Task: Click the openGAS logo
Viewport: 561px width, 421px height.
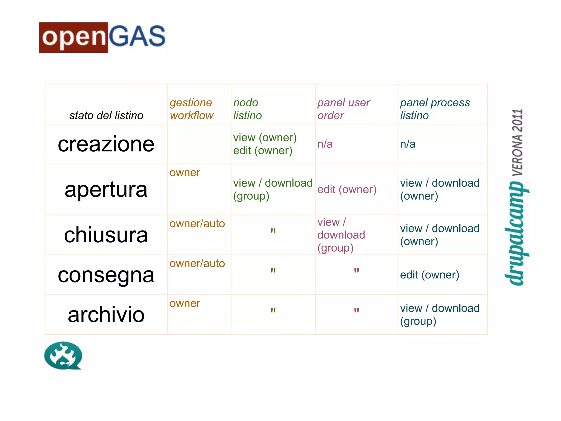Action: [102, 38]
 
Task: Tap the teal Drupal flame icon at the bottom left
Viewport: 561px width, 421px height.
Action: [63, 355]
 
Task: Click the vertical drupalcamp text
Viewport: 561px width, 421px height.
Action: [517, 233]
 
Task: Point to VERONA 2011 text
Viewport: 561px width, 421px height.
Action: [517, 142]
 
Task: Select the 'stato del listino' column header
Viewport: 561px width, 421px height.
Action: [106, 115]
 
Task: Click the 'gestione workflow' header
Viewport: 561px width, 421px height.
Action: [191, 109]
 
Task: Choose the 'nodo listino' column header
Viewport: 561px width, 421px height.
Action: [247, 109]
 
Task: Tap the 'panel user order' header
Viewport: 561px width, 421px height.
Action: [343, 109]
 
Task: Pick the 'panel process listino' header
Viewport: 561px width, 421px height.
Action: [434, 109]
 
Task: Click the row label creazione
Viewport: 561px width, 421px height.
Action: [106, 144]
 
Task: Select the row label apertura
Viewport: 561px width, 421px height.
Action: [106, 189]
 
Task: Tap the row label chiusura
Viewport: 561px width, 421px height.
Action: [106, 235]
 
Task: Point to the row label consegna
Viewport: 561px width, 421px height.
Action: [106, 275]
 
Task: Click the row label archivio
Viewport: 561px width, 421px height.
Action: [106, 315]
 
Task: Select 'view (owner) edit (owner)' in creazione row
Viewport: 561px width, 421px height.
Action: [265, 144]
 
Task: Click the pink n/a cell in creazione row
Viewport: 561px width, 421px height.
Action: [325, 144]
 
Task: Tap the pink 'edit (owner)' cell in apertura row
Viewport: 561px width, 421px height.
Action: [347, 189]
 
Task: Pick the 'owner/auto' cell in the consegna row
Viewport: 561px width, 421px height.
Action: [197, 263]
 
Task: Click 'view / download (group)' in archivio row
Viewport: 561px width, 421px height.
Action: [439, 314]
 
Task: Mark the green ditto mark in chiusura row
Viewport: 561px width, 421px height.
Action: [273, 231]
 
